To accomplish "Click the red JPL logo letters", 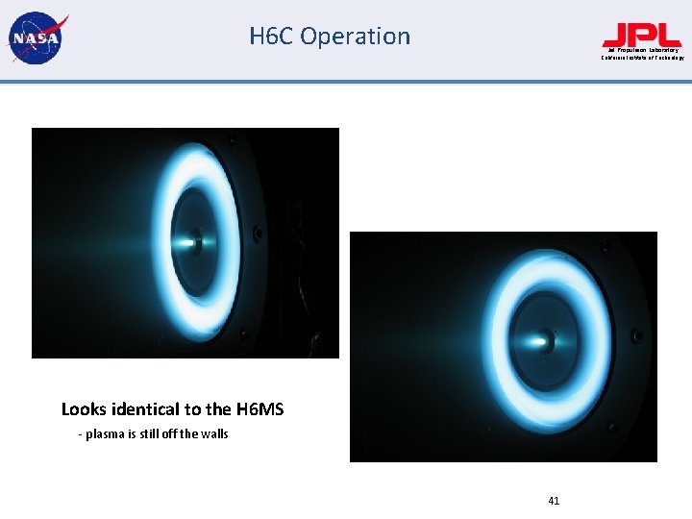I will (x=641, y=35).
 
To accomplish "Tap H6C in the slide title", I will (x=271, y=37).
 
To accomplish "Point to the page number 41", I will (x=554, y=500).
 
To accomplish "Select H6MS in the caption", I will (x=259, y=409).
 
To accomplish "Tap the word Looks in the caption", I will (x=84, y=409).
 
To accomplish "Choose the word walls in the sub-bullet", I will (x=213, y=434).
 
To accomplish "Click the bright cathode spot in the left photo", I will (x=195, y=241).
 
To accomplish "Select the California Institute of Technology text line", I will (x=642, y=58).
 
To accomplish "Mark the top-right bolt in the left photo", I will (x=232, y=142).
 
